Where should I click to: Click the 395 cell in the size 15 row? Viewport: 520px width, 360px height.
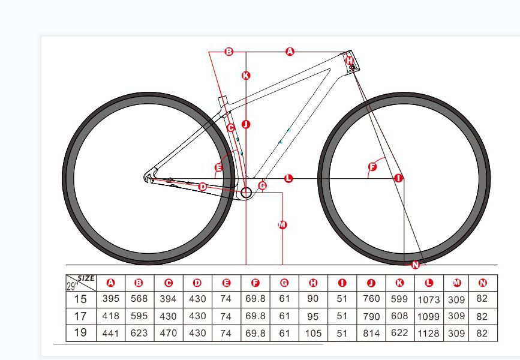coord(110,299)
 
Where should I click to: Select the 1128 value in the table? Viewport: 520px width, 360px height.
coord(428,333)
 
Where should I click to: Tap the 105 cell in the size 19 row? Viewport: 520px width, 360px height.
coord(313,333)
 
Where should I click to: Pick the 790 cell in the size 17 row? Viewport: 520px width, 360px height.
coord(371,316)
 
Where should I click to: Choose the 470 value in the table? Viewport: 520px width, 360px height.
coord(169,333)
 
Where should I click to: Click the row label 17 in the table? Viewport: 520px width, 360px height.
coord(80,316)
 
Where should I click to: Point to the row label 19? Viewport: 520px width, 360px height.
coord(80,333)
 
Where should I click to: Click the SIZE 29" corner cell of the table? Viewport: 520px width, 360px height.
coord(80,282)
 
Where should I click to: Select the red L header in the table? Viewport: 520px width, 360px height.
coord(428,283)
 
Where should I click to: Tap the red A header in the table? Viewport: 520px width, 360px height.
coord(110,283)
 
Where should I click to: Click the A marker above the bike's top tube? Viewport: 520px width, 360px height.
coord(290,52)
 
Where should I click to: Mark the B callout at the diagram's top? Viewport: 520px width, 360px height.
coord(229,52)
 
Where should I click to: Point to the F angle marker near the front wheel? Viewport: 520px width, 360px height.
coord(372,166)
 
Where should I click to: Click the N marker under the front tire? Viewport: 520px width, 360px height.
coord(415,265)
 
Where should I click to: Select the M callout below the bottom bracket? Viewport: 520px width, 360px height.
coord(282,225)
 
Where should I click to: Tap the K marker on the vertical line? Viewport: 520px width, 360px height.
coord(245,76)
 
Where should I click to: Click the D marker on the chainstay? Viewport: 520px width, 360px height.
coord(202,187)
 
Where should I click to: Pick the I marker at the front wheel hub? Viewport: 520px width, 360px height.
coord(398,178)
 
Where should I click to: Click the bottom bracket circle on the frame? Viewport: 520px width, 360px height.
coord(245,193)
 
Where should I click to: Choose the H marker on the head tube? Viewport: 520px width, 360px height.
coord(350,61)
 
